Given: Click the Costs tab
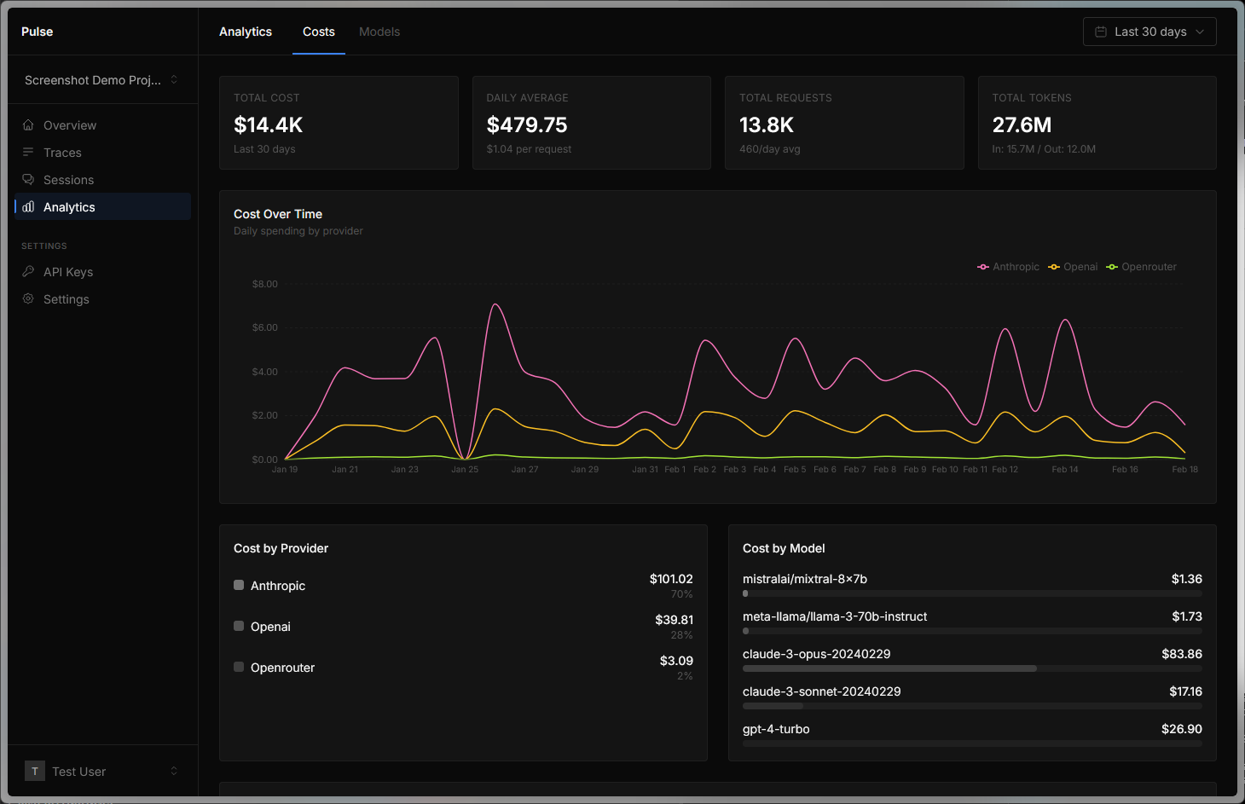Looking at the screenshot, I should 318,32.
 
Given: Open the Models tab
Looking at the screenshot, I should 379,32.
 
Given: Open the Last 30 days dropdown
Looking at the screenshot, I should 1149,32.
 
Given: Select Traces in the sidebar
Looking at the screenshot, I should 62,153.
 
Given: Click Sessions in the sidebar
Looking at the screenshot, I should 68,180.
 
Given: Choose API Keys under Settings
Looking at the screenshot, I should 68,272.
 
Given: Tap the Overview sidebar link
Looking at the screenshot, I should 70,125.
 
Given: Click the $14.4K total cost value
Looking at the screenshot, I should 268,125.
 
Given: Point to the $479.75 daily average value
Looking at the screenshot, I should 526,125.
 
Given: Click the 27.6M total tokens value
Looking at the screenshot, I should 1021,125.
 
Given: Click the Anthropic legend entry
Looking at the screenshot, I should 1009,267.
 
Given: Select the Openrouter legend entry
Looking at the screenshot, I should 1142,267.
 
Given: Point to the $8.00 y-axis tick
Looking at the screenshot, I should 264,284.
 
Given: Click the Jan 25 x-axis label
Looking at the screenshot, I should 465,470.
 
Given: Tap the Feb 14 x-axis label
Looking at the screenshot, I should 1064,470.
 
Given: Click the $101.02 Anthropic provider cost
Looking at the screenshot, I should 671,579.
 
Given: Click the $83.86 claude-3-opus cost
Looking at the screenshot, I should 1181,654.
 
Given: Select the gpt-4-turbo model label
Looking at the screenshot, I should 776,729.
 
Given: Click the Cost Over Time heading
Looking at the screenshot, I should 278,214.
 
